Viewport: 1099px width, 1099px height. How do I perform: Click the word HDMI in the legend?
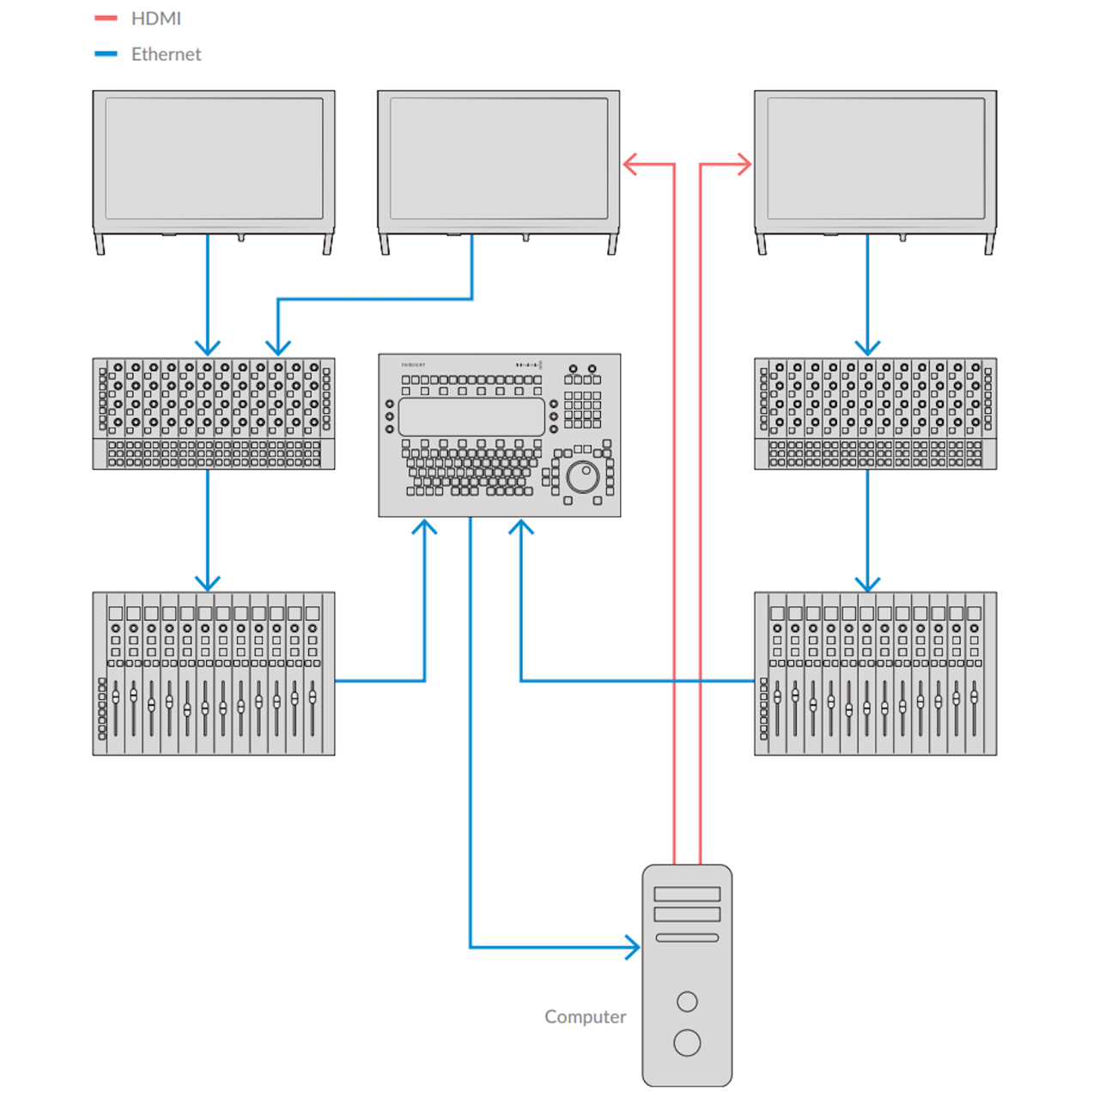pos(155,18)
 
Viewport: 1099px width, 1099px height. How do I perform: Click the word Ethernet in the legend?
pos(166,54)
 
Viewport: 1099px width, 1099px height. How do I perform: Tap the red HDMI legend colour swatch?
pos(106,18)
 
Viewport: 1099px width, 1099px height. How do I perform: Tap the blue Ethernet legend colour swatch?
pos(106,54)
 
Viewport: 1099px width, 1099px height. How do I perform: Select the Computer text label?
pos(585,1017)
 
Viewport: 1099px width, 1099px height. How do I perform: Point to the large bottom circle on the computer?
pos(687,1042)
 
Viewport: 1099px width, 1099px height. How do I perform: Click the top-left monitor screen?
pos(214,159)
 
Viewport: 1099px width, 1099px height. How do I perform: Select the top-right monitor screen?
pos(876,159)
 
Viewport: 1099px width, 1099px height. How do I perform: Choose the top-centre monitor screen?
pos(499,159)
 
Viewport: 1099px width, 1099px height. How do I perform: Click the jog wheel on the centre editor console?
pos(583,476)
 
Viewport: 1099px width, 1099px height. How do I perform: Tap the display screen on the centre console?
pos(471,416)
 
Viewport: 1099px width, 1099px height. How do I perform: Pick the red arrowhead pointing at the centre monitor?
pos(631,164)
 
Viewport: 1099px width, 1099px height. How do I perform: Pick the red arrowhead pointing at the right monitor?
pos(744,164)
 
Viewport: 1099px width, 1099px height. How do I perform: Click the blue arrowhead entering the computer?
pos(633,947)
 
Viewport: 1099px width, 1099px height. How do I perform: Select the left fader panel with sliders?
pos(214,674)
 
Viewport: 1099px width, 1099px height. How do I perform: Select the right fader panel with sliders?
pos(876,674)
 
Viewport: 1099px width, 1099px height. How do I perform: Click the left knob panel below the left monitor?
pos(214,413)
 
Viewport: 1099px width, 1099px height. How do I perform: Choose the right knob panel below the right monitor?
pos(876,413)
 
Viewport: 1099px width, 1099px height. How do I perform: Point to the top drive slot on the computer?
pos(687,894)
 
